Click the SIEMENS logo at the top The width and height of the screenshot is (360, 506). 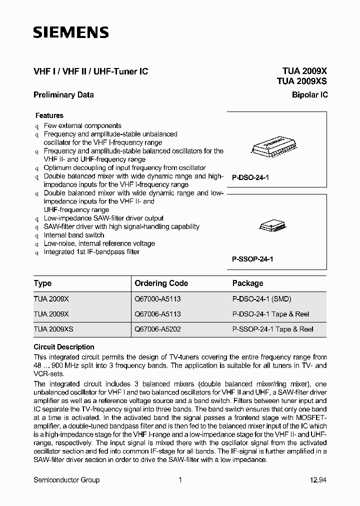pyautogui.click(x=70, y=33)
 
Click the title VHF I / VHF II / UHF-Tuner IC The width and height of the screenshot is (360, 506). pyautogui.click(x=90, y=71)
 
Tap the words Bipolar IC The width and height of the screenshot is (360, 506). pyautogui.click(x=310, y=94)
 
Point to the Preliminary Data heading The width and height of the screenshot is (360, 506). pyautogui.click(x=63, y=94)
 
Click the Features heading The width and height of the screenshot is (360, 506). pyautogui.click(x=49, y=115)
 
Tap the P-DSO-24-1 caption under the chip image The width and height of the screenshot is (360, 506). pyautogui.click(x=250, y=177)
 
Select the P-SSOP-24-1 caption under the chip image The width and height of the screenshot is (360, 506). pyautogui.click(x=252, y=259)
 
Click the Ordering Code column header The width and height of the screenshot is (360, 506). pyautogui.click(x=161, y=283)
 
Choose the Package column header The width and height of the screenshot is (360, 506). pyautogui.click(x=247, y=283)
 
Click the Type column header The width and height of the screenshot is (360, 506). pyautogui.click(x=42, y=283)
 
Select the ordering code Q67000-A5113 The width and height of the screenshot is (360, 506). pyautogui.click(x=157, y=299)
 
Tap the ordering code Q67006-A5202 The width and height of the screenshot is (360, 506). pyautogui.click(x=157, y=329)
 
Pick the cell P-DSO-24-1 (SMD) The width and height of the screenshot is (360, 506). pyautogui.click(x=261, y=299)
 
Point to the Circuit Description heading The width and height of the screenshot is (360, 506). pyautogui.click(x=64, y=347)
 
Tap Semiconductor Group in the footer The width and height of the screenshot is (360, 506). pyautogui.click(x=66, y=480)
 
